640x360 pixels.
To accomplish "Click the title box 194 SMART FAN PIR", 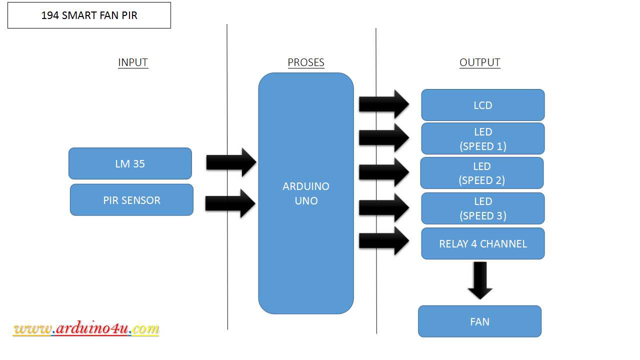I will tap(89, 15).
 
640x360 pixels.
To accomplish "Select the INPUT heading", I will tap(133, 62).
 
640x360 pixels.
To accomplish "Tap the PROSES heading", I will tap(306, 62).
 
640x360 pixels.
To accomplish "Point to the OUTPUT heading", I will tap(479, 62).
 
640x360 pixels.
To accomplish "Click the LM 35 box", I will tap(130, 163).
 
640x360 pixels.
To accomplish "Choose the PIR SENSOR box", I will tap(131, 200).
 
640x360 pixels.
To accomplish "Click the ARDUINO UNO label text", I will tap(306, 193).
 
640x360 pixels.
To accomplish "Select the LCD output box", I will tap(482, 105).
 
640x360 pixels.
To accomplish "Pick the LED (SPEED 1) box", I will tap(482, 138).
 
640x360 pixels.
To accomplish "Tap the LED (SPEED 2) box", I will tap(481, 173).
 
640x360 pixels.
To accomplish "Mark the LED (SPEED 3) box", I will tap(482, 208).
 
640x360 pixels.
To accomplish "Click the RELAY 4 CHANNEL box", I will tap(482, 243).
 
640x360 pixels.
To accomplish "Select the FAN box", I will tap(479, 321).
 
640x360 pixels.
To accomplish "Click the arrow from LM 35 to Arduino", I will tap(231, 162).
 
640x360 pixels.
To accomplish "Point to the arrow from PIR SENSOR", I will tap(230, 203).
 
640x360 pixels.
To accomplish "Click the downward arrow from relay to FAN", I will tap(480, 280).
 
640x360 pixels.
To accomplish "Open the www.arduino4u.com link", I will tap(86, 329).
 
